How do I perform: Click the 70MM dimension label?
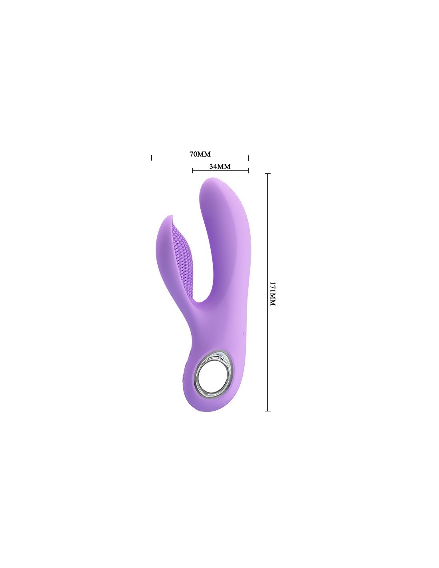[x=200, y=154]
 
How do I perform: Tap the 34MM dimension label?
[x=220, y=167]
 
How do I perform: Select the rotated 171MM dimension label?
[x=273, y=294]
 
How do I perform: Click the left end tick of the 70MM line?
[x=152, y=158]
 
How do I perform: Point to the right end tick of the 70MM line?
[x=248, y=158]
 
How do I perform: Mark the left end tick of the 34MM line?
[x=192, y=171]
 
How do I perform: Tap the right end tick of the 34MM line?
[x=248, y=171]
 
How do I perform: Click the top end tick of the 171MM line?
[x=267, y=173]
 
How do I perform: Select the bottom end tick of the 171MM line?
[x=267, y=411]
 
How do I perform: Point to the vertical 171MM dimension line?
[x=267, y=292]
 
